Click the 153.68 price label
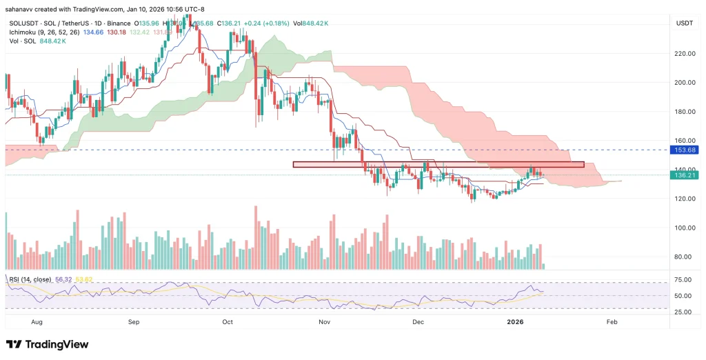pyautogui.click(x=685, y=150)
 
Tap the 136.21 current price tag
pyautogui.click(x=685, y=175)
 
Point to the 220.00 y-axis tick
pyautogui.click(x=685, y=53)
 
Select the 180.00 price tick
pyautogui.click(x=685, y=112)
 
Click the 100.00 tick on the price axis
pyautogui.click(x=685, y=228)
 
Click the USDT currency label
pyautogui.click(x=684, y=23)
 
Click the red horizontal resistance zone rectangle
pyautogui.click(x=438, y=165)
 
